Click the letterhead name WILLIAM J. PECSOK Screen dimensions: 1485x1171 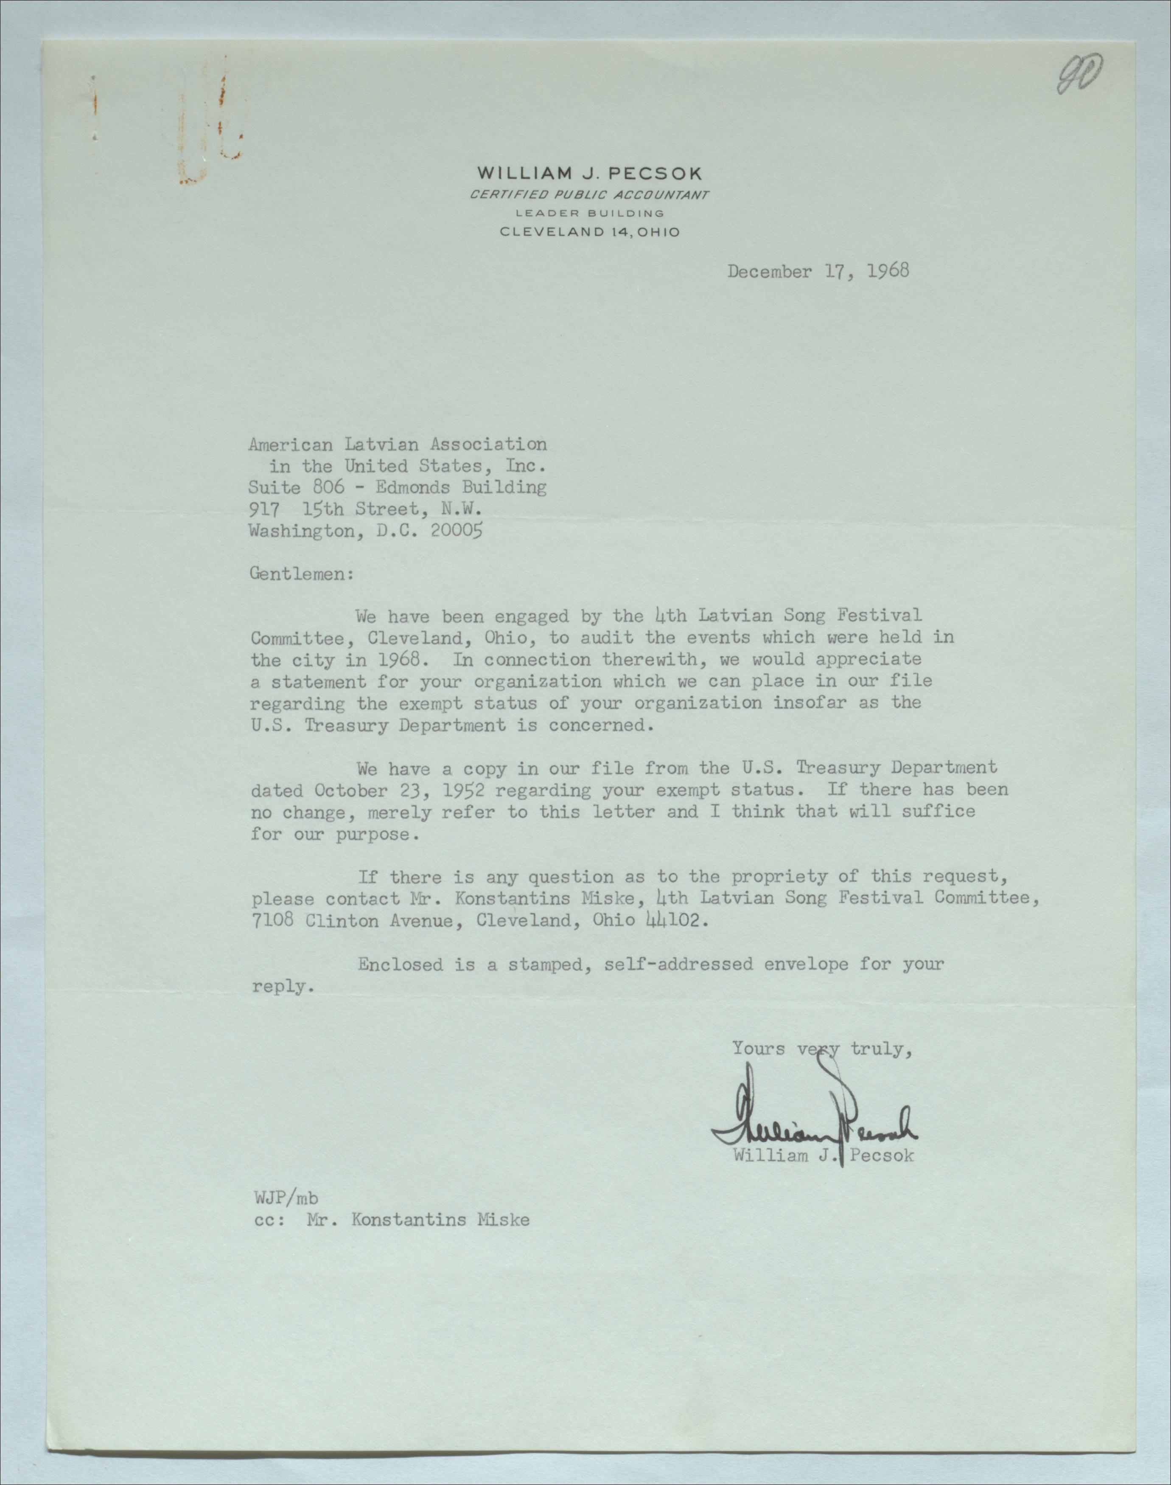[x=590, y=173]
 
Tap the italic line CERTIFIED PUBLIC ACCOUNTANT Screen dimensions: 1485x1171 [x=590, y=195]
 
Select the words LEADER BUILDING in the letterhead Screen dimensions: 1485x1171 [x=590, y=213]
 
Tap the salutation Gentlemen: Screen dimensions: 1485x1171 [x=302, y=574]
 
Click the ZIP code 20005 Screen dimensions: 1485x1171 [x=456, y=532]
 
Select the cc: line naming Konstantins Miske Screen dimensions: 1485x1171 [x=391, y=1220]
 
